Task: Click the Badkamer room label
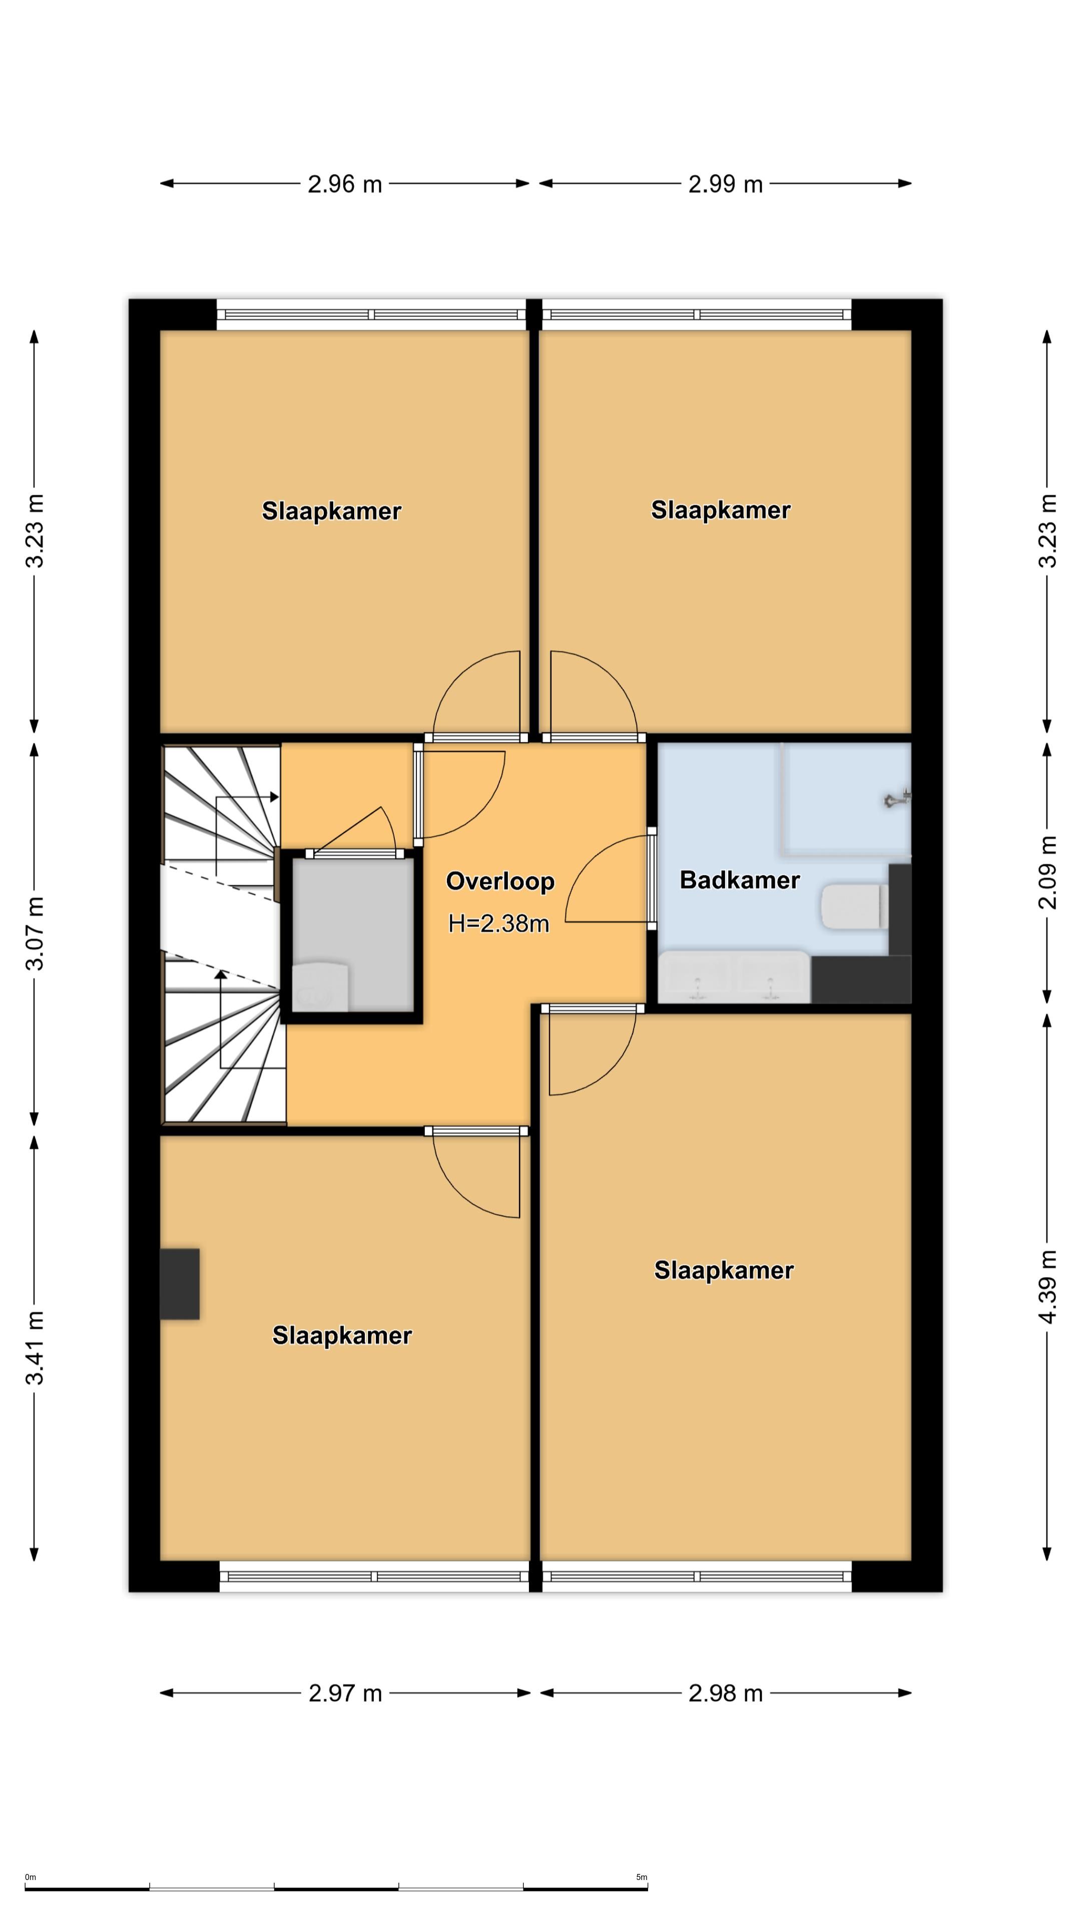pos(739,880)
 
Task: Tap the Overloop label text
pos(500,881)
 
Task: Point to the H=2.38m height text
pos(498,924)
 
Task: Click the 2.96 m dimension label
pos(345,184)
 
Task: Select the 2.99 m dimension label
pos(725,184)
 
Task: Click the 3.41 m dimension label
pos(35,1347)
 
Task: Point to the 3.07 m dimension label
pos(35,933)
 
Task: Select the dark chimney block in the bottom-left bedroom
pos(180,1283)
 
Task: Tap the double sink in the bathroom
pos(733,977)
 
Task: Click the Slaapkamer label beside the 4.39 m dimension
pos(724,1271)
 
